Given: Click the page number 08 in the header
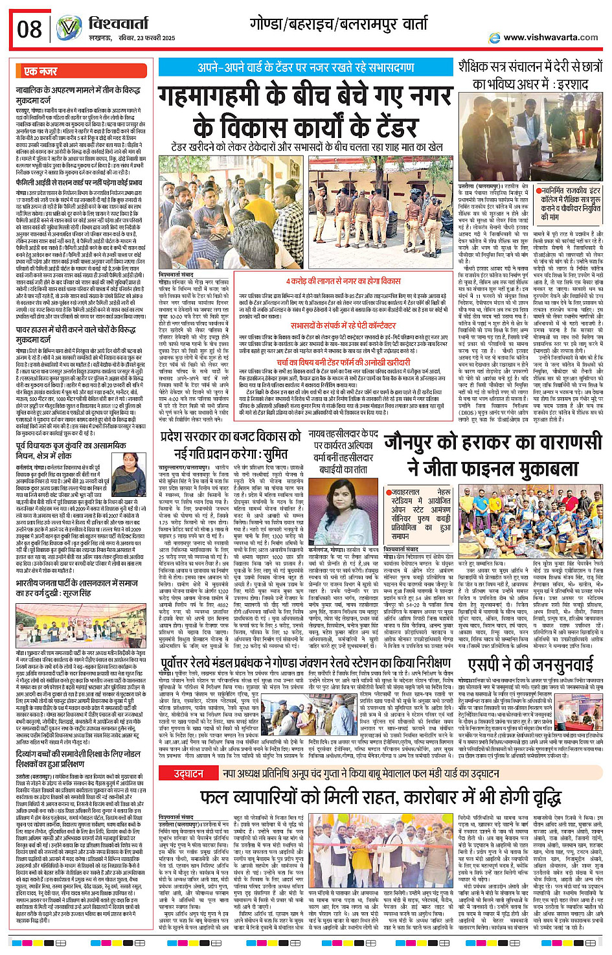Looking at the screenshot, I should (30, 29).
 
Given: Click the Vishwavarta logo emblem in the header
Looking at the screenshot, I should (69, 29).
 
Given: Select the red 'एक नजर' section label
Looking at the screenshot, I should (41, 71).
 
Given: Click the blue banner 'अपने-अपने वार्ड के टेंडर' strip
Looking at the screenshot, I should (306, 67).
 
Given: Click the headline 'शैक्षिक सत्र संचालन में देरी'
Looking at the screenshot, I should (530, 67).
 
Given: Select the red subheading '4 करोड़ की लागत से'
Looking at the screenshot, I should (345, 281).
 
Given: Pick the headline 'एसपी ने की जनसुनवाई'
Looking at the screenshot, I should (530, 665).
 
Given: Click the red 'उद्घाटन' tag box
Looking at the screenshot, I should (188, 774).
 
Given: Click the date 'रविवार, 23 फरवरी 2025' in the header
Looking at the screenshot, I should (139, 38).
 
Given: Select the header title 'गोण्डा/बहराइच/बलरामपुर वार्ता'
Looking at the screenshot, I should (339, 24).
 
